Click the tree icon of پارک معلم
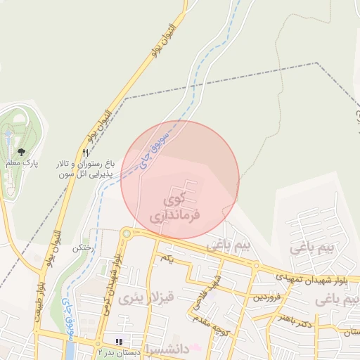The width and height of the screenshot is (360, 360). pyautogui.click(x=20, y=151)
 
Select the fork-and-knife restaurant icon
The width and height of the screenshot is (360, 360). pyautogui.click(x=86, y=153)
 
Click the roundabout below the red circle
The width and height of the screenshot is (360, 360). pyautogui.click(x=127, y=233)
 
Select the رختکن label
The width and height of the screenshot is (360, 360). pyautogui.click(x=84, y=247)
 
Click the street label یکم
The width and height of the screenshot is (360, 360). pyautogui.click(x=167, y=259)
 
